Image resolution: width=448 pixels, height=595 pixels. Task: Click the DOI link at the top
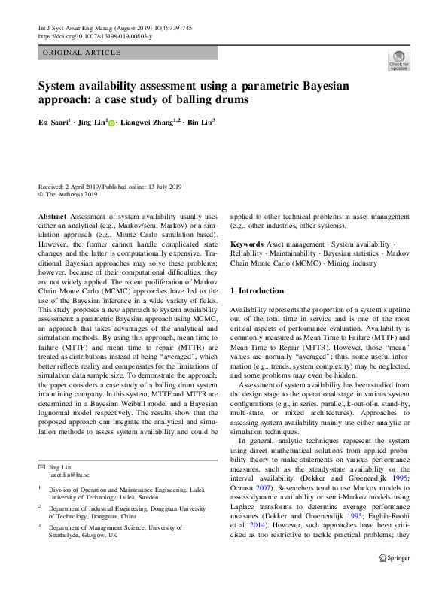click(x=95, y=35)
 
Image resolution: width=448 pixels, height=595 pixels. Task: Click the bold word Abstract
click(x=53, y=215)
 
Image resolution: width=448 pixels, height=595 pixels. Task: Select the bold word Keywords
click(x=246, y=245)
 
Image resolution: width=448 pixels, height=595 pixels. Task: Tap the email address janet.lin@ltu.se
click(x=69, y=475)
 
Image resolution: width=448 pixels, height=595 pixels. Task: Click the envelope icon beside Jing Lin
click(x=41, y=468)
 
